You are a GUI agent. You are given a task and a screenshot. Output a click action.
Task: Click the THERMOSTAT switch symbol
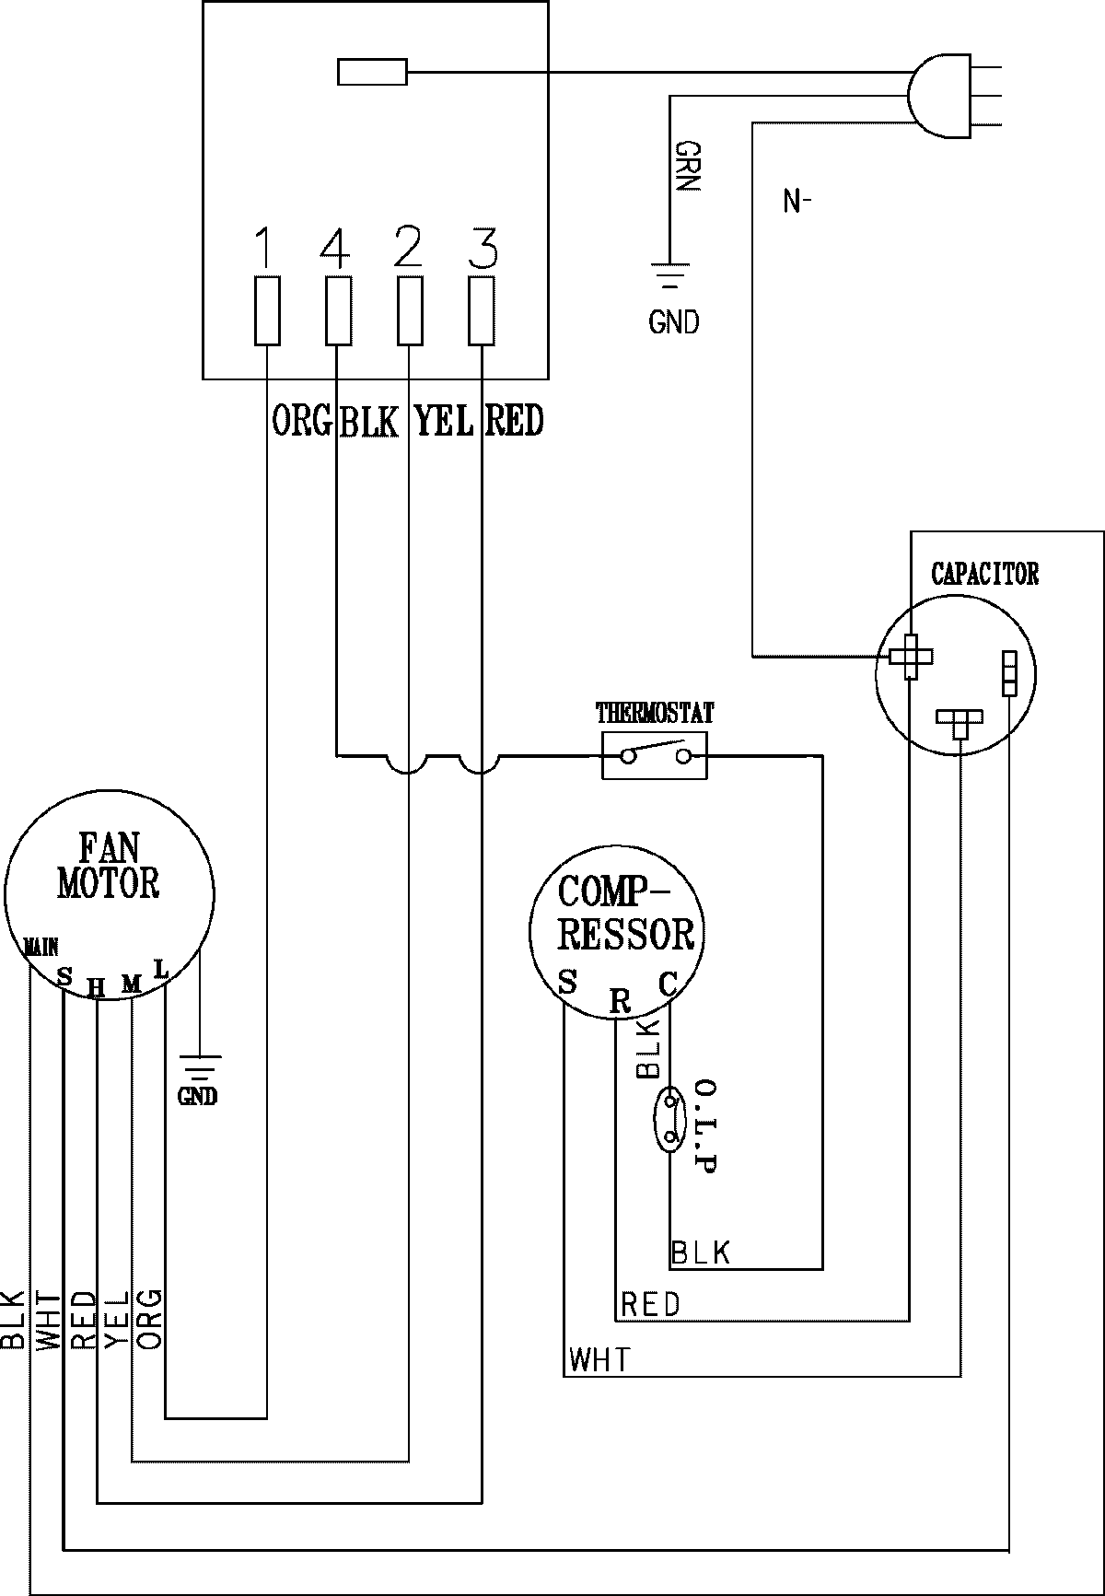655,756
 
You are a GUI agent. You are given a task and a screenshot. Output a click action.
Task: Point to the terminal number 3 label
482,246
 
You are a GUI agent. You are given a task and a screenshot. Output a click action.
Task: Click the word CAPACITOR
984,574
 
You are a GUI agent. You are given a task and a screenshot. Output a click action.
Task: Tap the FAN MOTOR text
109,865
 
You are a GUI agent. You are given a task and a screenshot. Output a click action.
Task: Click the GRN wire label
688,167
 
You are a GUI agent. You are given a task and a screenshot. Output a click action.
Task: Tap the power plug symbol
953,95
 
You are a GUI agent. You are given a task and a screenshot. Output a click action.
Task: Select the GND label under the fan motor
198,1096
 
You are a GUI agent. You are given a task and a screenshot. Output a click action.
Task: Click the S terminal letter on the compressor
568,982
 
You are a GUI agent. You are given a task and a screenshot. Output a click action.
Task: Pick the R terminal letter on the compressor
621,1001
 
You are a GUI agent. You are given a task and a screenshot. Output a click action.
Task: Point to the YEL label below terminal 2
444,421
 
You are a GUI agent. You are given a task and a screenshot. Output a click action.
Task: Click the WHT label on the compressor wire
600,1359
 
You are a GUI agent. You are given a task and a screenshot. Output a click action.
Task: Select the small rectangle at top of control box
372,72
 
